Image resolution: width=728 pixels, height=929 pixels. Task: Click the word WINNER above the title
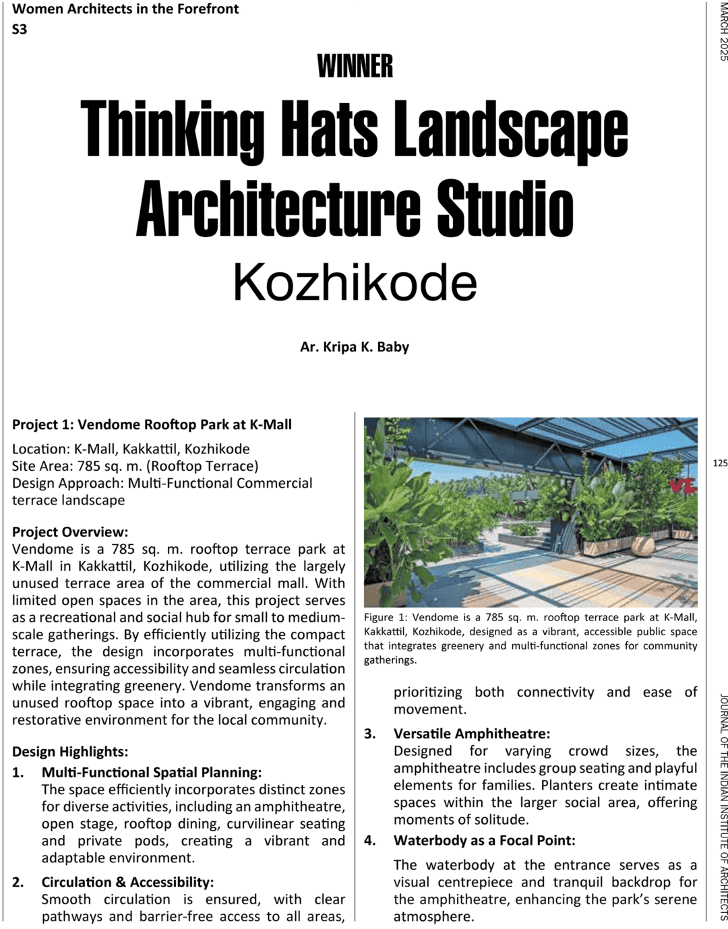(x=355, y=66)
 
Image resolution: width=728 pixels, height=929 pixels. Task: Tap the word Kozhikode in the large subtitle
(x=355, y=283)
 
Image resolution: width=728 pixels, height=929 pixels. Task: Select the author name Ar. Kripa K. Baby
(x=355, y=347)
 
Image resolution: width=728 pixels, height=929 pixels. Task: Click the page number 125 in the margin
(x=719, y=463)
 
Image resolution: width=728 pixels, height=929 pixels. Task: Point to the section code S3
(x=20, y=29)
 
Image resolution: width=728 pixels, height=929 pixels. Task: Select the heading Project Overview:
(x=70, y=532)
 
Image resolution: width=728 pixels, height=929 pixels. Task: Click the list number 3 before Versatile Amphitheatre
(x=370, y=734)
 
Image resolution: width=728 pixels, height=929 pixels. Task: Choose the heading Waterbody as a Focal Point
(x=484, y=840)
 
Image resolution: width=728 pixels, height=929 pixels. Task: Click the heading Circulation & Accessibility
(x=127, y=882)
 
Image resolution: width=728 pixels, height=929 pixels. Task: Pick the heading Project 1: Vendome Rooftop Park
(x=152, y=424)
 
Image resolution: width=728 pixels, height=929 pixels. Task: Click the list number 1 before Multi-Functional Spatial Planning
(x=18, y=772)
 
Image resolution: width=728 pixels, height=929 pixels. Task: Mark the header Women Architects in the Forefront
(x=125, y=9)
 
